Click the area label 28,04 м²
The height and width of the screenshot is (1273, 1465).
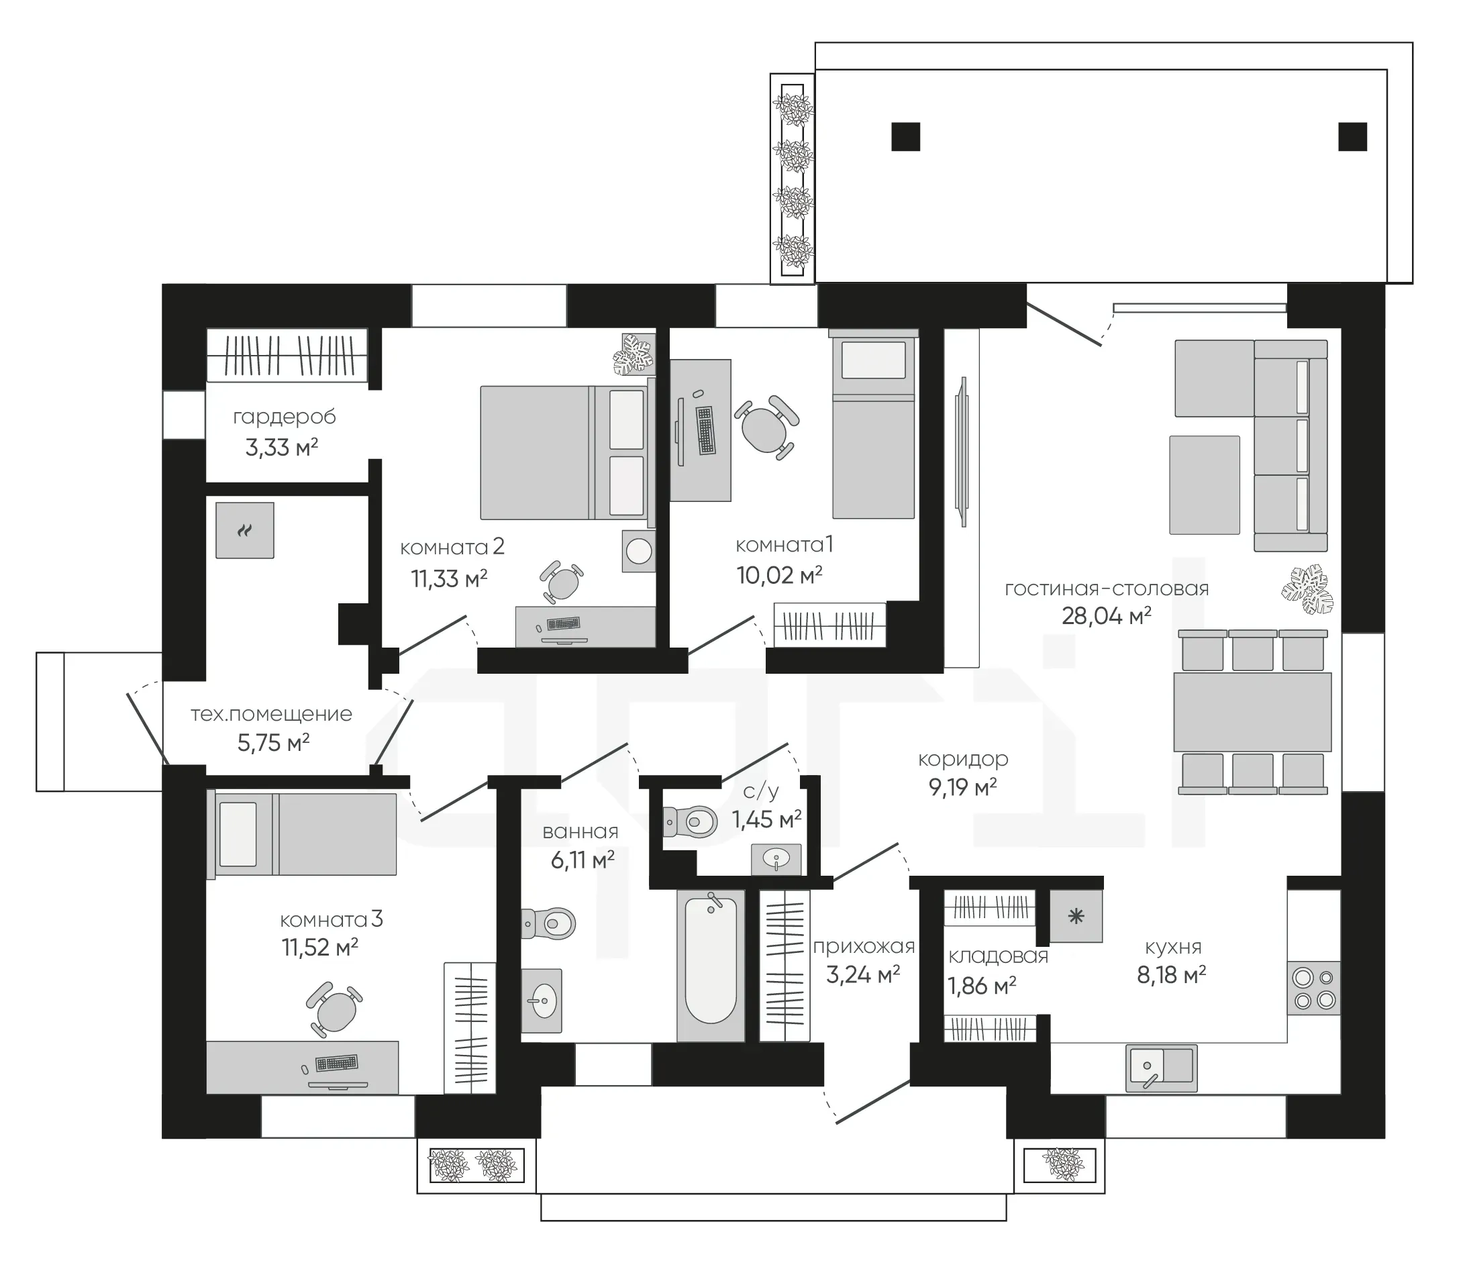(1106, 616)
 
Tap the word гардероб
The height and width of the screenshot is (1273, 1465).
(284, 417)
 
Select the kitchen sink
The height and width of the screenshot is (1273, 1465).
(1161, 1068)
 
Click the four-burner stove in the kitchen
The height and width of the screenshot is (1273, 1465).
(1314, 988)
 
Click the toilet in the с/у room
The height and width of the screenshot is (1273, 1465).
(690, 822)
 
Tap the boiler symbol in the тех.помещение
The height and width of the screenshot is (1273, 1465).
(244, 530)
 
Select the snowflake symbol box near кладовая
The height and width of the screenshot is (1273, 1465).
(1076, 916)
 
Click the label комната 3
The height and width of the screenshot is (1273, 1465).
(331, 920)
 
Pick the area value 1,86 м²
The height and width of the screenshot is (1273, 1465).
(981, 986)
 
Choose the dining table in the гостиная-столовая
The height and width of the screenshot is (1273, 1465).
(1252, 712)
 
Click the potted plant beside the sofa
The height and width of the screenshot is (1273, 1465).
(1307, 590)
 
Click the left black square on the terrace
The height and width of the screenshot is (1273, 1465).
(906, 136)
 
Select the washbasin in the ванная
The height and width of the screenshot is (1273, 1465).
(542, 1000)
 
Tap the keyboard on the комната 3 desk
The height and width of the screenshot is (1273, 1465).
(336, 1064)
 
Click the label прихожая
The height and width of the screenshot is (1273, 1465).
(863, 947)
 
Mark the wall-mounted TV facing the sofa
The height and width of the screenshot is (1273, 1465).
(963, 452)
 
